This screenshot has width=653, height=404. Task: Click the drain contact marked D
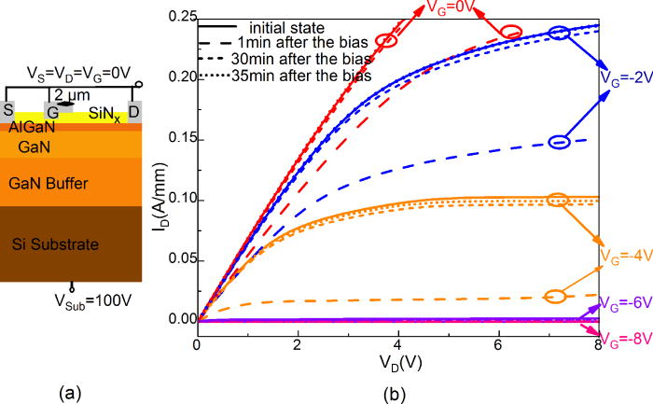coord(133,116)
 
